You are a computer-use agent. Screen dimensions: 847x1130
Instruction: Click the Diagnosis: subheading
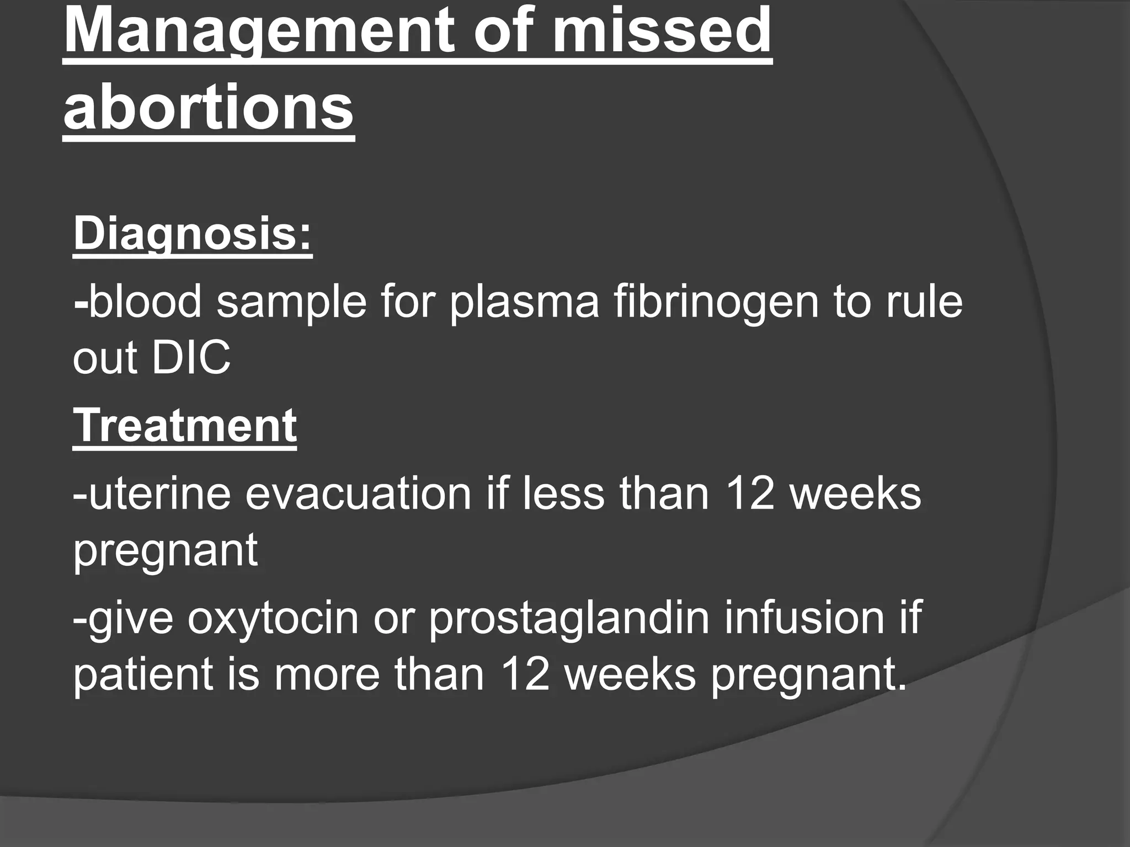point(193,234)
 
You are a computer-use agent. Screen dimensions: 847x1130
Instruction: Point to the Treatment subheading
point(185,426)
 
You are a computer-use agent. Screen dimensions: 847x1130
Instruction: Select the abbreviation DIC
point(191,358)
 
